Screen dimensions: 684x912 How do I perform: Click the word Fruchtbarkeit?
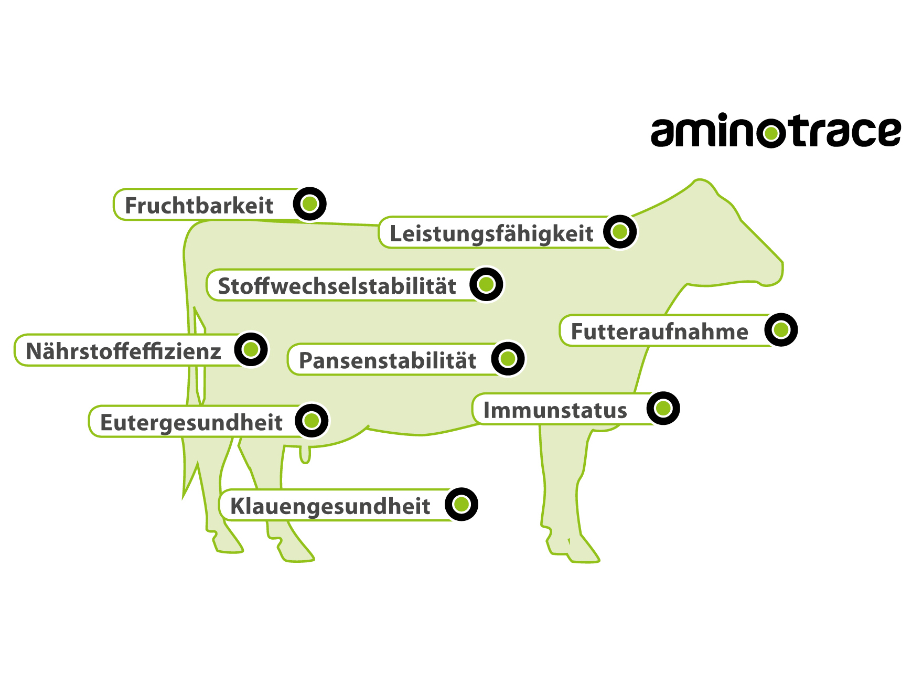(x=199, y=206)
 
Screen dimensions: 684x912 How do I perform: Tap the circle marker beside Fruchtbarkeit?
(x=310, y=204)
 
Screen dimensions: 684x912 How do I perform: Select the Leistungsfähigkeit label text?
(x=491, y=233)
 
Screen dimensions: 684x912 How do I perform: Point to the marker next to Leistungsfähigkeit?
(x=620, y=231)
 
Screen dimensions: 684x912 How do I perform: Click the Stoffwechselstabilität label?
(x=337, y=286)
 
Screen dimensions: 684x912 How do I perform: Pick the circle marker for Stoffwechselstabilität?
(x=486, y=284)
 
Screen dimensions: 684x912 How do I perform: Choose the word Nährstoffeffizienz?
(x=123, y=351)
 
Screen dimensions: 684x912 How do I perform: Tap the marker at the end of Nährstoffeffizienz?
(x=251, y=349)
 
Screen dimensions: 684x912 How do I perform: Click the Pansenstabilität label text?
(x=388, y=361)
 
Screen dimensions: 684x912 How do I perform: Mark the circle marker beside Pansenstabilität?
(x=508, y=359)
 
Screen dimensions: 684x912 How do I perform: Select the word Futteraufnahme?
(x=659, y=332)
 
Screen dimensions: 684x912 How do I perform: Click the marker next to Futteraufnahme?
(x=781, y=330)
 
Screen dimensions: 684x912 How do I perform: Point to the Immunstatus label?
(x=555, y=410)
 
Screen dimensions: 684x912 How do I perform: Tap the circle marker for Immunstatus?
(x=663, y=408)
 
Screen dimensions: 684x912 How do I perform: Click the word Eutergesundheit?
(x=191, y=423)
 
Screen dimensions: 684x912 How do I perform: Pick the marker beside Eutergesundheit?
(x=312, y=420)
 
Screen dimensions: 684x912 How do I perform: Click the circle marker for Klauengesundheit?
(x=462, y=505)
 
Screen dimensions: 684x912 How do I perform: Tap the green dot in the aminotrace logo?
(x=771, y=134)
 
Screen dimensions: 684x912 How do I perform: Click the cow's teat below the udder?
(x=305, y=455)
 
